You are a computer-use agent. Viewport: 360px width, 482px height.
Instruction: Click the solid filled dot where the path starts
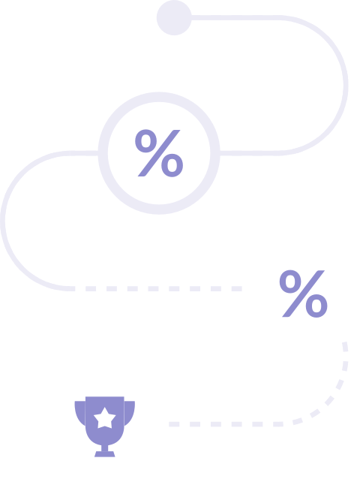[x=174, y=17]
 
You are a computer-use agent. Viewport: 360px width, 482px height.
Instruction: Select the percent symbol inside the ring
[x=159, y=153]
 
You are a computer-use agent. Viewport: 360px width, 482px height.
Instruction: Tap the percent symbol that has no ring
[x=304, y=294]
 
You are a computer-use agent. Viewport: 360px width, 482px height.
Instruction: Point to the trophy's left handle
[x=79, y=412]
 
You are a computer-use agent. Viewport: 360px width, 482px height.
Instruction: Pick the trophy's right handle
[x=130, y=412]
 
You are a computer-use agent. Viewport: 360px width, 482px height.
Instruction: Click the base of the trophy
[x=105, y=454]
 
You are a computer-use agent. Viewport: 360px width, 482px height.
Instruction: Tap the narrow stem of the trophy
[x=105, y=448]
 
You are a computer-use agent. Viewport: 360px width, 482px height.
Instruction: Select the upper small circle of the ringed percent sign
[x=146, y=141]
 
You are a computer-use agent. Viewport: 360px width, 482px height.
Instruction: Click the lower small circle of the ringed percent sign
[x=172, y=165]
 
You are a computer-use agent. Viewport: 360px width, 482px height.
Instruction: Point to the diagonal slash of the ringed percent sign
[x=159, y=153]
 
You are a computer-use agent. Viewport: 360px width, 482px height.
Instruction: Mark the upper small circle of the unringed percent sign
[x=290, y=282]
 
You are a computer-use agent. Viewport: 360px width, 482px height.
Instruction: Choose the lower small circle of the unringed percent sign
[x=316, y=306]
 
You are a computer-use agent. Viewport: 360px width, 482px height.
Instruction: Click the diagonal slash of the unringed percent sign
[x=304, y=294]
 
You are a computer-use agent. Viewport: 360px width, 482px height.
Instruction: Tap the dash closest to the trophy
[x=174, y=424]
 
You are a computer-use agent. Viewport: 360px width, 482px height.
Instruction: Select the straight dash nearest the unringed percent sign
[x=236, y=288]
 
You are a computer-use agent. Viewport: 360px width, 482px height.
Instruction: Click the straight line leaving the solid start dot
[x=235, y=18]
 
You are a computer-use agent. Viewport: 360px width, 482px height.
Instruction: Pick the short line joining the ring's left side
[x=84, y=153]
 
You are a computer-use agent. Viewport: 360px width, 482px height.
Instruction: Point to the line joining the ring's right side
[x=248, y=153]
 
